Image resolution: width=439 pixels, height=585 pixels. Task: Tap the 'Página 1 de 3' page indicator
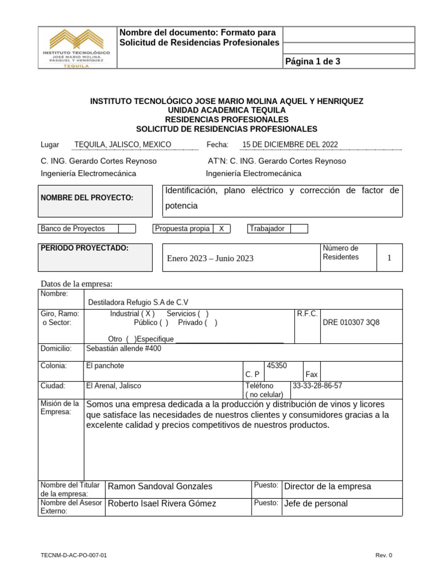pyautogui.click(x=312, y=61)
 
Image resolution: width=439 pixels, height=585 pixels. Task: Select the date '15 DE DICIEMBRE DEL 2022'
pyautogui.click(x=290, y=145)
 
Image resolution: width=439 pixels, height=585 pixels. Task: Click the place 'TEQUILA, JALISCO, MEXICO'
pyautogui.click(x=123, y=145)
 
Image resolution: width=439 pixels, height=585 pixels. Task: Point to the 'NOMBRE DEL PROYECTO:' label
pyautogui.click(x=87, y=198)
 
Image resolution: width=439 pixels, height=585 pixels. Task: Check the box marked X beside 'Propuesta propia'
pyautogui.click(x=222, y=229)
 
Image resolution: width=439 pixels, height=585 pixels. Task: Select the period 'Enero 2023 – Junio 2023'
pyautogui.click(x=210, y=258)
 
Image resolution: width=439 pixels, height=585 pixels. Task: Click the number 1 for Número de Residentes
pyautogui.click(x=389, y=258)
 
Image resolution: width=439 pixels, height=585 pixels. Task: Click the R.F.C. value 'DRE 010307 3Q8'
pyautogui.click(x=351, y=322)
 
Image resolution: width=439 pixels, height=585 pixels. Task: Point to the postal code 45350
pyautogui.click(x=277, y=366)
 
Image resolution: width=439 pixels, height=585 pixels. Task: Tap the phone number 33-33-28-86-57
pyautogui.click(x=317, y=386)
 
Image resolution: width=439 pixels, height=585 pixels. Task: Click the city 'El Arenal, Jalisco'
pyautogui.click(x=113, y=386)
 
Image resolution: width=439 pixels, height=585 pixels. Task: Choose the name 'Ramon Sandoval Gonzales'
pyautogui.click(x=160, y=486)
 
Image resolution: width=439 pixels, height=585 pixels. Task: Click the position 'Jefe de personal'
pyautogui.click(x=316, y=503)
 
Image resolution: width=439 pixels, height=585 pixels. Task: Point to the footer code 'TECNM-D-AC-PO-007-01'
pyautogui.click(x=74, y=555)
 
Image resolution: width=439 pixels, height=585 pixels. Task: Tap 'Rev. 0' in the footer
pyautogui.click(x=384, y=555)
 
